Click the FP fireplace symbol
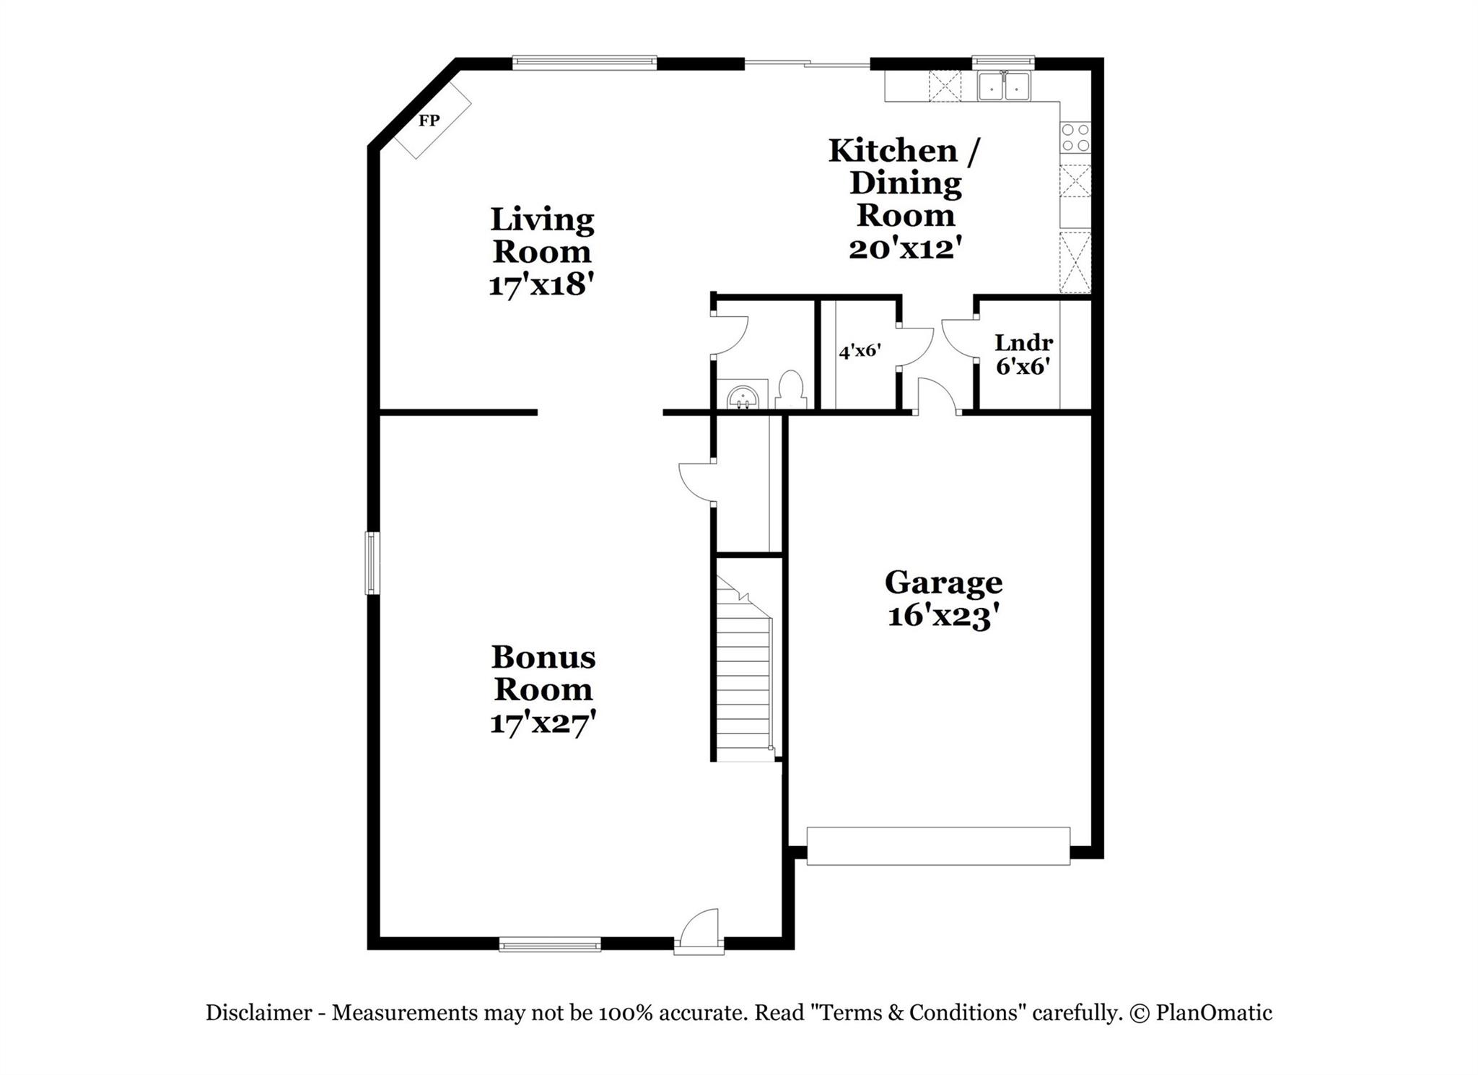pyautogui.click(x=430, y=121)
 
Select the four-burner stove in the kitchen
pyautogui.click(x=1075, y=137)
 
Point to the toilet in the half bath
pyautogui.click(x=792, y=389)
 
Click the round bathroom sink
pyautogui.click(x=743, y=397)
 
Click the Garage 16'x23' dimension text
pyautogui.click(x=943, y=617)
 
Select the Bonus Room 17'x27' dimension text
pyautogui.click(x=543, y=723)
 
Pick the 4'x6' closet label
pyautogui.click(x=860, y=352)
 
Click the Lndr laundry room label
pyautogui.click(x=1023, y=342)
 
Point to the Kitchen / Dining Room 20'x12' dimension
pyautogui.click(x=906, y=248)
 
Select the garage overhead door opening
pyautogui.click(x=938, y=846)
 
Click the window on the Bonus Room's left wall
pyautogui.click(x=372, y=563)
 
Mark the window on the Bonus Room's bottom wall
pyautogui.click(x=550, y=944)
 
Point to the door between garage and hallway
pyautogui.click(x=937, y=397)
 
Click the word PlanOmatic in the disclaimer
pyautogui.click(x=1214, y=1013)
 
